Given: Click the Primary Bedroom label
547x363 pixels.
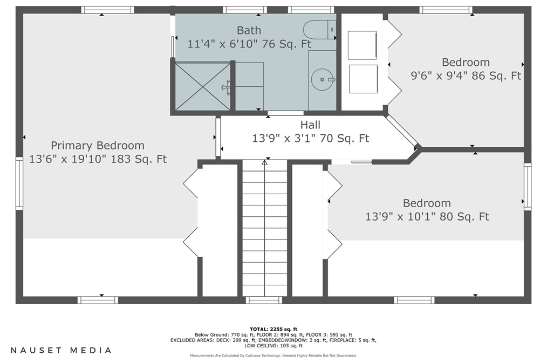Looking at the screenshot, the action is click(97, 146).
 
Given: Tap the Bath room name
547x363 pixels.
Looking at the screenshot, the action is click(249, 30).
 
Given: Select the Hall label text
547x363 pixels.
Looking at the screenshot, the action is click(310, 125).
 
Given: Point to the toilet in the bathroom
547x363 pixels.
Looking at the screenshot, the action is click(319, 30).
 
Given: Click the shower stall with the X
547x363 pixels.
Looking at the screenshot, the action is click(202, 86).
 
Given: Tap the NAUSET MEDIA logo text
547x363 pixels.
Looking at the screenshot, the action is click(61, 350).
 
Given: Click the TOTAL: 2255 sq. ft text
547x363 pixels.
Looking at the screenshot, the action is click(273, 329).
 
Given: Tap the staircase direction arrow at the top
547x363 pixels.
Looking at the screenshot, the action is click(265, 162).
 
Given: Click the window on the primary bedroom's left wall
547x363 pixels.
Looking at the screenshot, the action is click(19, 183).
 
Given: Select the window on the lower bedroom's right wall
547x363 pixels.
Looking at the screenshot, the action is click(528, 187).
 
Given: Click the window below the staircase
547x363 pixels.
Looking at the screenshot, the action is click(264, 300).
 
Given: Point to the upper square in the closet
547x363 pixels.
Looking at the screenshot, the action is click(363, 45).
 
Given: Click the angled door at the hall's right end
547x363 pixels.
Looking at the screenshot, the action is click(401, 131).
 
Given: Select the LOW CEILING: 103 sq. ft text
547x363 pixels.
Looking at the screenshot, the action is click(273, 346).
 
